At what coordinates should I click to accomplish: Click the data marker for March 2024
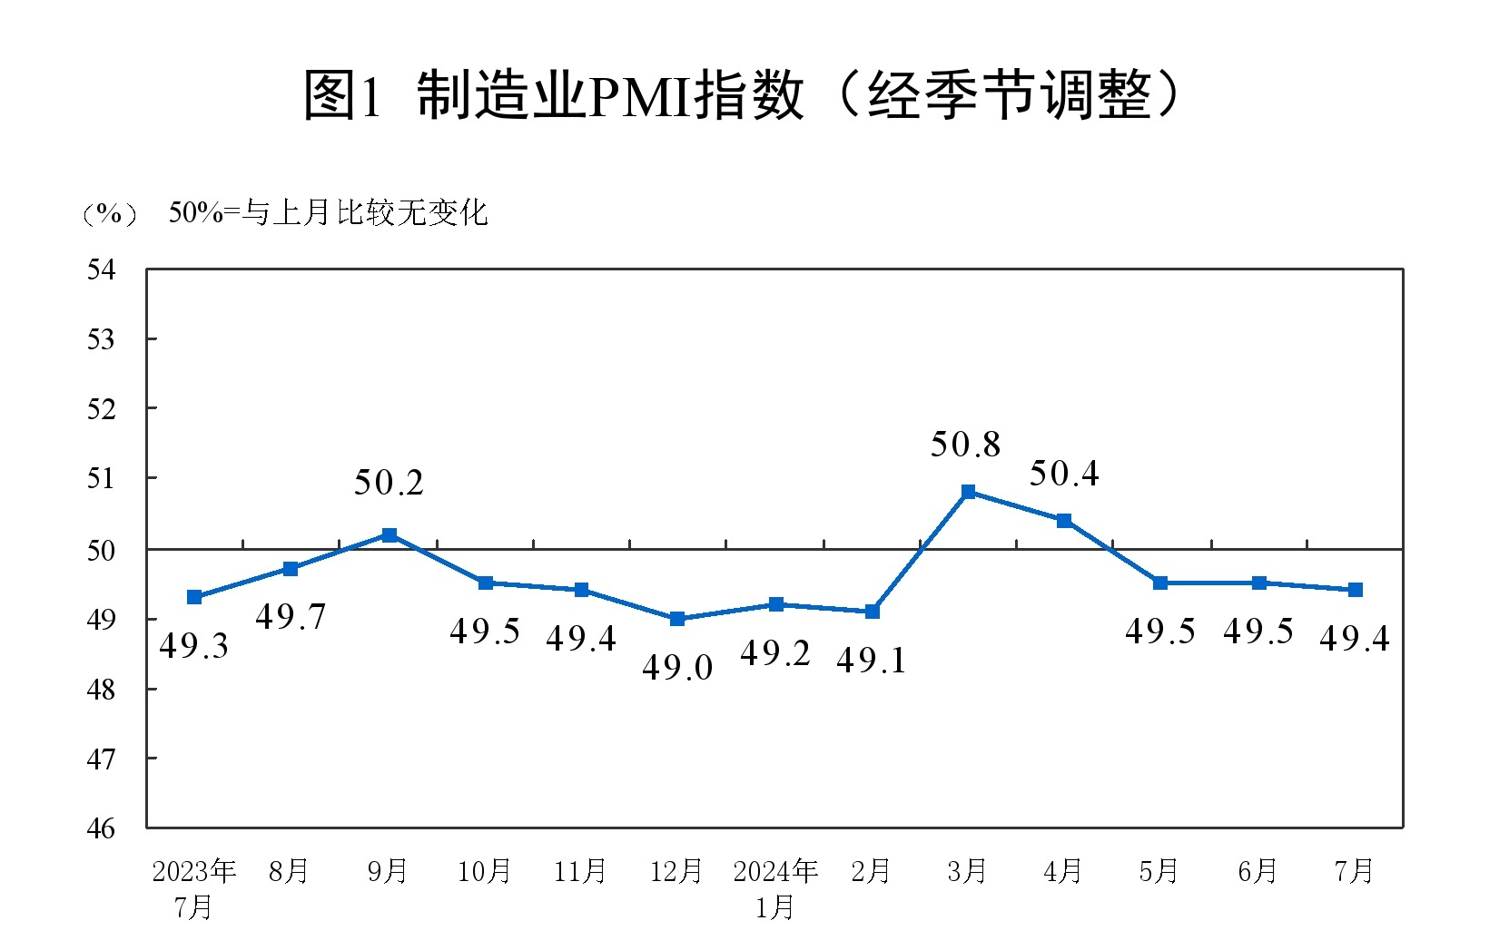click(x=968, y=492)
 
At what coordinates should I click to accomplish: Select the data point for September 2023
click(x=390, y=534)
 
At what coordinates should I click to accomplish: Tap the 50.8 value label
click(x=965, y=445)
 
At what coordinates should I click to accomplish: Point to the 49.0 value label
click(x=677, y=668)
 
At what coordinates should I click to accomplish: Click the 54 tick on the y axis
click(x=101, y=269)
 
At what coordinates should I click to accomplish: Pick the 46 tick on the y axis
click(x=101, y=828)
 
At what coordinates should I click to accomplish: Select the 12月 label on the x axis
click(x=676, y=872)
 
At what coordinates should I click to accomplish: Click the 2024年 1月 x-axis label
click(x=775, y=888)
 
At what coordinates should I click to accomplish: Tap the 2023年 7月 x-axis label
click(x=193, y=888)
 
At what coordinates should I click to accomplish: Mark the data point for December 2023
click(x=677, y=619)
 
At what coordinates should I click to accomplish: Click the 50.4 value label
click(x=1063, y=474)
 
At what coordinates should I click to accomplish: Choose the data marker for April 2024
click(x=1064, y=521)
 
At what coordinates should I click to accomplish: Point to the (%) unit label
click(x=109, y=213)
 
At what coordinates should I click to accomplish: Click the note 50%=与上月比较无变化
click(x=329, y=213)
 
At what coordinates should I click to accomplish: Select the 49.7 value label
click(x=290, y=617)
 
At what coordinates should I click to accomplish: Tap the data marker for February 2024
click(x=872, y=612)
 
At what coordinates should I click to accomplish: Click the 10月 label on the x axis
click(x=484, y=872)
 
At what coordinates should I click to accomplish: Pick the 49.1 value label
click(x=871, y=661)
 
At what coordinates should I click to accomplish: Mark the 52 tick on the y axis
click(x=101, y=408)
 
